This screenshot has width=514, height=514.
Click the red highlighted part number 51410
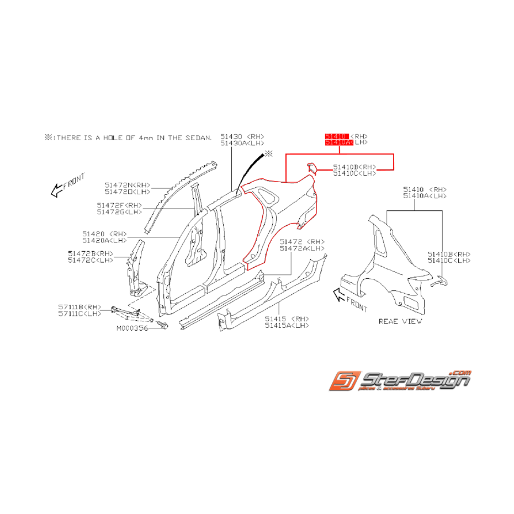336,136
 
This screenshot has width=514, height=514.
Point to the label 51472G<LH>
119,212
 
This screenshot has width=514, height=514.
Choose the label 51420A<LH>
104,240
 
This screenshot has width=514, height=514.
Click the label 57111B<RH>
80,306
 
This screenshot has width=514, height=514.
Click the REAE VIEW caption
400,321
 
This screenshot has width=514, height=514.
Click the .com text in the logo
460,373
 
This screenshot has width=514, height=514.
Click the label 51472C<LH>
91,260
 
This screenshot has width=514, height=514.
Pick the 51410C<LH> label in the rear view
449,260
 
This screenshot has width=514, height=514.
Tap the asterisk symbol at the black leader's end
268,153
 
